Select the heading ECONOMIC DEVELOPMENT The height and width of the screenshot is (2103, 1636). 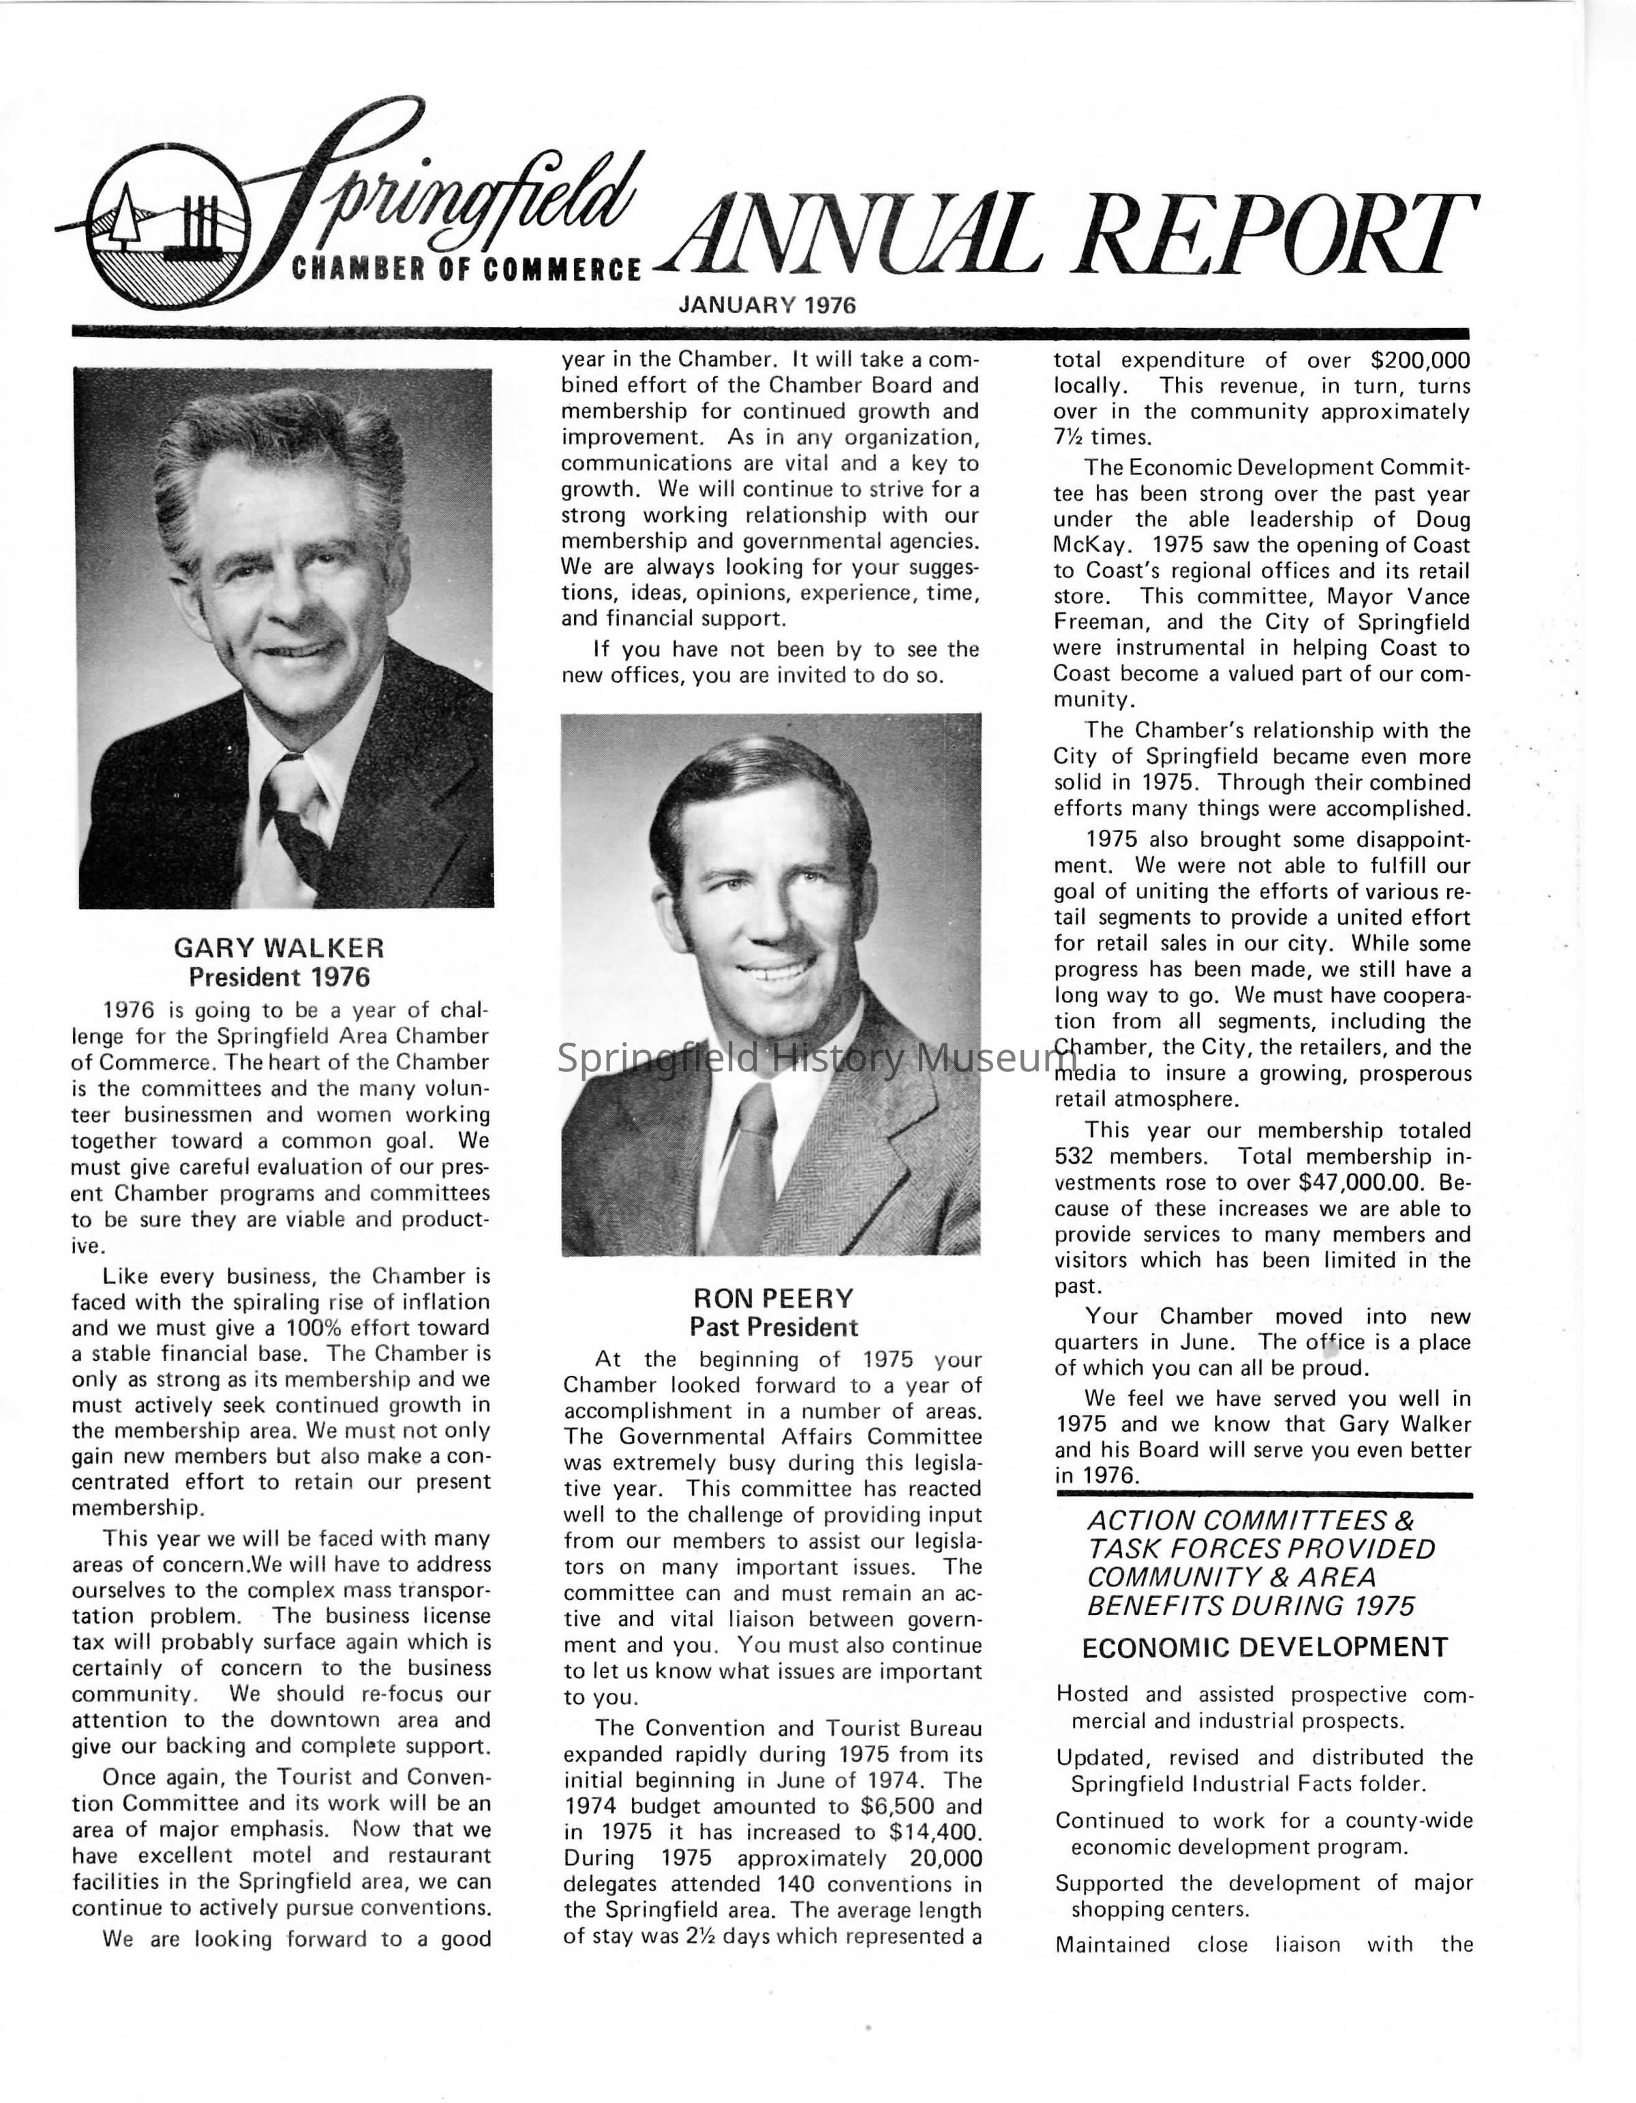pyautogui.click(x=1264, y=1648)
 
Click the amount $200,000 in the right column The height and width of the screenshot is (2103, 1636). pyautogui.click(x=1419, y=360)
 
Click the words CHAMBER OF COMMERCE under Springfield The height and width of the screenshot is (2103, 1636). pyautogui.click(x=466, y=268)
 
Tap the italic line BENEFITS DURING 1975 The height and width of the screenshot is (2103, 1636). pyautogui.click(x=1250, y=1606)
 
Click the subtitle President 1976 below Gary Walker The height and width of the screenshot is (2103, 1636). pyautogui.click(x=279, y=977)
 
